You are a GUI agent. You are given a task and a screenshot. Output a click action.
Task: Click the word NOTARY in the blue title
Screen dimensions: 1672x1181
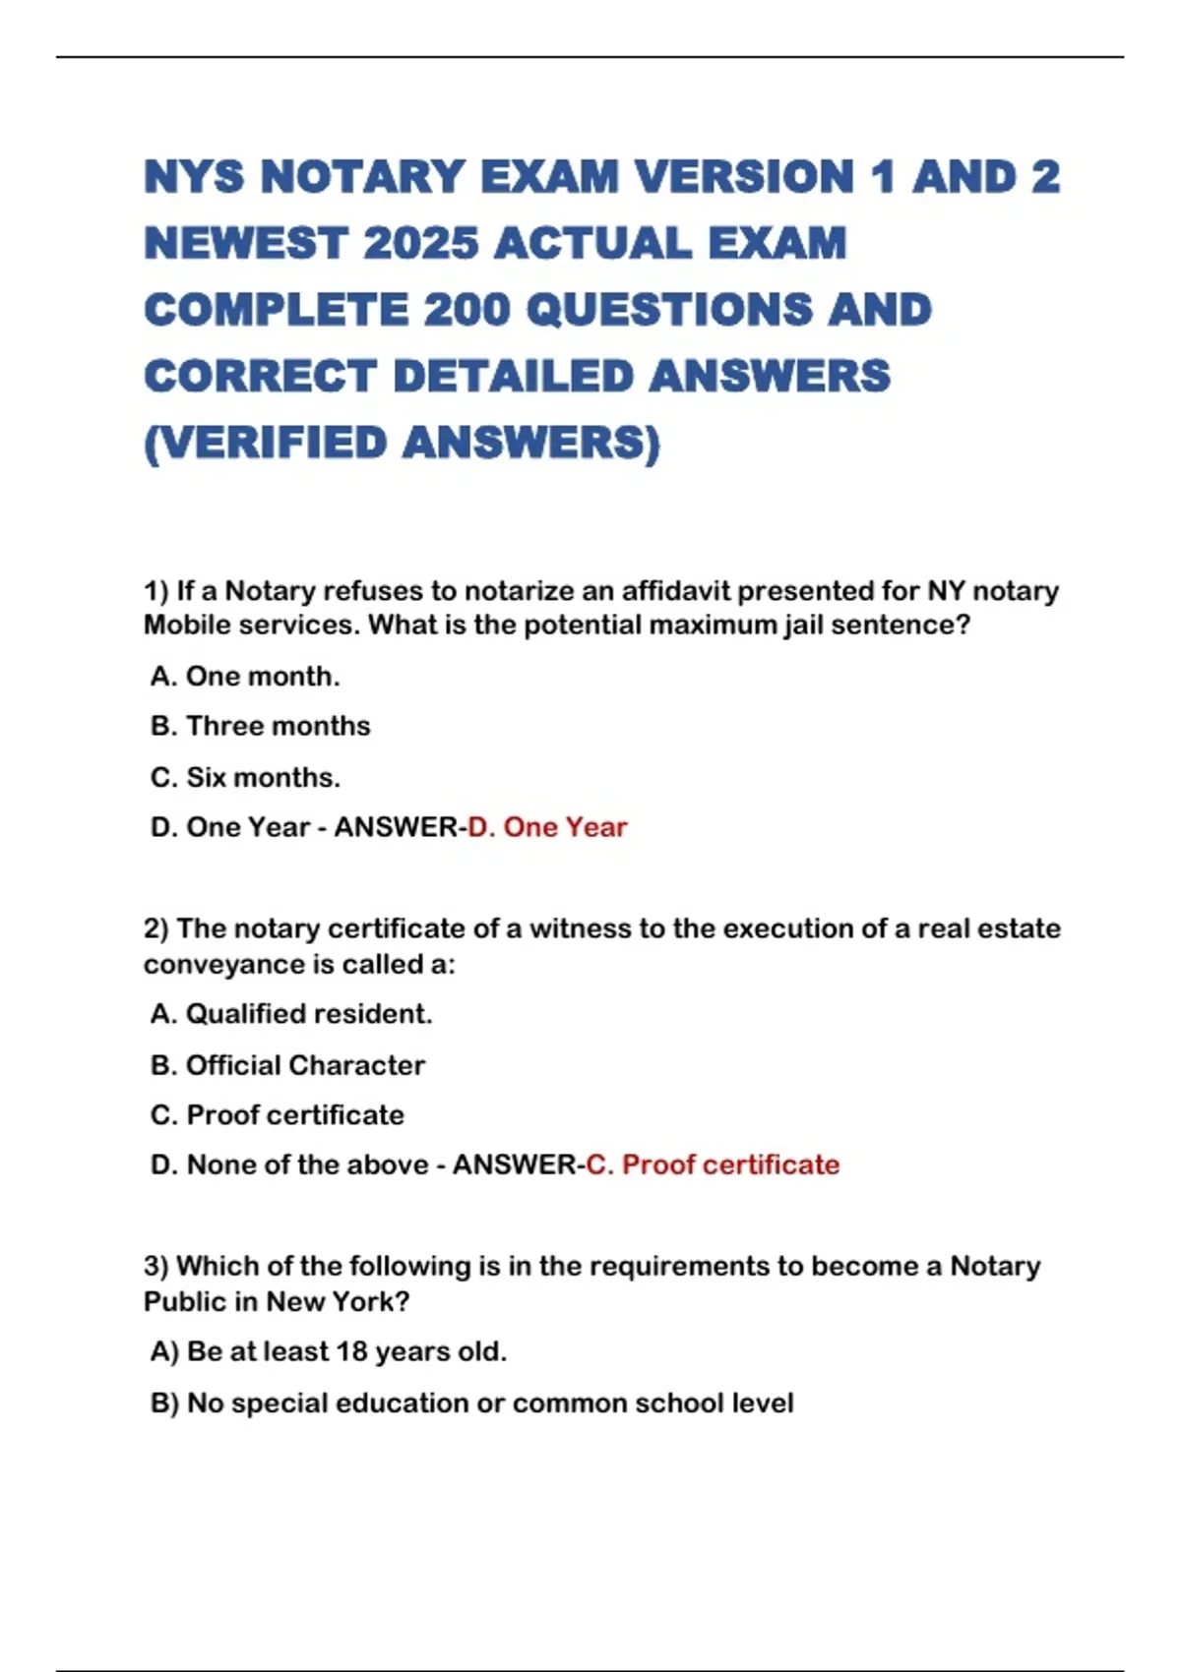click(x=362, y=177)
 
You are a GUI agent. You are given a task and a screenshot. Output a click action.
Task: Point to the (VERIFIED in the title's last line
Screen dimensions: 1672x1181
click(x=266, y=443)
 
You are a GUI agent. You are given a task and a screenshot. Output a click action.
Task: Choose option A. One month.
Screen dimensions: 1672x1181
click(x=245, y=677)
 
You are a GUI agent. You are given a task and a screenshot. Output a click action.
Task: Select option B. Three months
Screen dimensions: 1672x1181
click(x=261, y=726)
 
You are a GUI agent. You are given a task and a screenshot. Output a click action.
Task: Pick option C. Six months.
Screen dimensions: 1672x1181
click(x=245, y=777)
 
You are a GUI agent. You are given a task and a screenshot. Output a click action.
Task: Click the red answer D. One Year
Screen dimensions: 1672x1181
click(x=547, y=827)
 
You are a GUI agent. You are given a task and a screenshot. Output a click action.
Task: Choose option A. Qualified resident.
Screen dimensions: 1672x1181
click(x=291, y=1014)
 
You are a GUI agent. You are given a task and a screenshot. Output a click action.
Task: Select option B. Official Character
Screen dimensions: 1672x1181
click(x=287, y=1065)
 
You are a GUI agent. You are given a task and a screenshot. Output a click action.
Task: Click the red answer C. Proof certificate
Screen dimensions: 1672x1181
click(x=713, y=1164)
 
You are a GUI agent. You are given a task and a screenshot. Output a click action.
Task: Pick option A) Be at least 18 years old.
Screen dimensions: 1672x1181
click(x=329, y=1351)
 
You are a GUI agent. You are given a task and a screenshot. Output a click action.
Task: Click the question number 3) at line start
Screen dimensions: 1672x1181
click(x=156, y=1267)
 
